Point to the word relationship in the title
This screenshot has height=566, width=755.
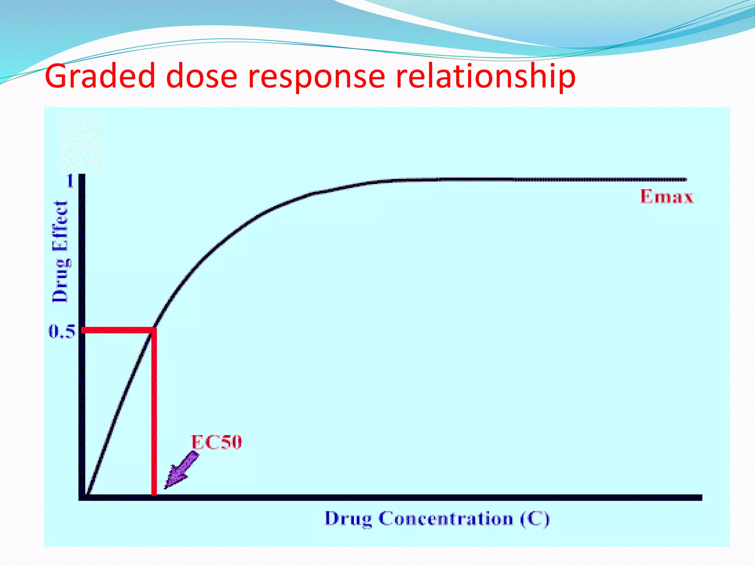pyautogui.click(x=485, y=76)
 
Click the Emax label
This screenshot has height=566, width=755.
pyautogui.click(x=667, y=196)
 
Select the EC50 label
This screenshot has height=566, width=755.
pyautogui.click(x=216, y=442)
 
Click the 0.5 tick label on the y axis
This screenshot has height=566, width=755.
pyautogui.click(x=62, y=332)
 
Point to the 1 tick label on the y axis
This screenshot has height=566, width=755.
pyautogui.click(x=70, y=181)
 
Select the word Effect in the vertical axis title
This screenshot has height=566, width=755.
pyautogui.click(x=60, y=226)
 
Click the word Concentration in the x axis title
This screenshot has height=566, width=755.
pyautogui.click(x=446, y=518)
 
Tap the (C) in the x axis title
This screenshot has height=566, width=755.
pyautogui.click(x=535, y=518)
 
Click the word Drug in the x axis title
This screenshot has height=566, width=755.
pyautogui.click(x=348, y=518)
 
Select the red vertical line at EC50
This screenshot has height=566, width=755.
pyautogui.click(x=154, y=413)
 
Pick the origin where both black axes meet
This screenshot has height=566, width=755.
pyautogui.click(x=82, y=497)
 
